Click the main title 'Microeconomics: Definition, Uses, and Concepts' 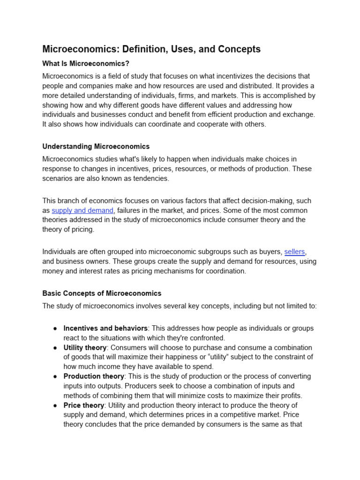151,49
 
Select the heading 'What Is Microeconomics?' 81,64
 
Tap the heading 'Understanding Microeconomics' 96,147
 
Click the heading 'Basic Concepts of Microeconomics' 102,293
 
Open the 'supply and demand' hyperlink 82,210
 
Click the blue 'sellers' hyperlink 295,252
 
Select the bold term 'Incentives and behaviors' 105,328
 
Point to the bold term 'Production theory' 94,376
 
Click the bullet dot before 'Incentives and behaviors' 55,329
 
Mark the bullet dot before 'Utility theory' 55,348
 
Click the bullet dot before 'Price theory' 55,405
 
